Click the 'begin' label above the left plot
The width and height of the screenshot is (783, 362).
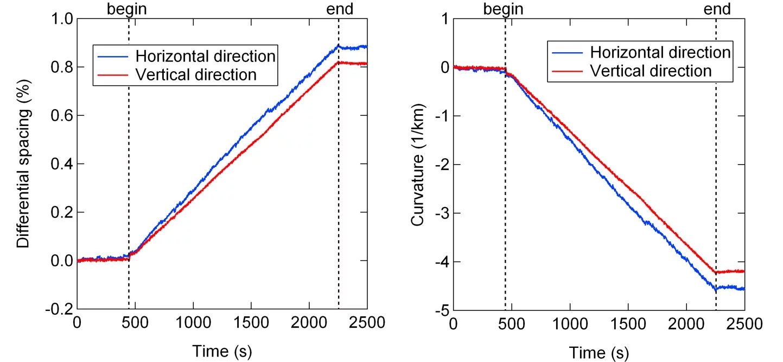click(127, 9)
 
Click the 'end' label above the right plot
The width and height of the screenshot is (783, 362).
click(339, 9)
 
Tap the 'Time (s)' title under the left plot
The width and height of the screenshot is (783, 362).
click(221, 351)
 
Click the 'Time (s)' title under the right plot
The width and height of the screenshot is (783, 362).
click(599, 352)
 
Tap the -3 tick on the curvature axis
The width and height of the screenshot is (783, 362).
click(441, 213)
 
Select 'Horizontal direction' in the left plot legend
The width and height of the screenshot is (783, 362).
click(206, 56)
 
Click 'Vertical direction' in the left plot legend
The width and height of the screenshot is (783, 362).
click(196, 74)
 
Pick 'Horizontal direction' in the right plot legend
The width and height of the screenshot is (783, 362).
click(660, 53)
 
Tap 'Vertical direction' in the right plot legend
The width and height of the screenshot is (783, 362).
click(651, 71)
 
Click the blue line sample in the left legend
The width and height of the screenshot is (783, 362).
click(113, 56)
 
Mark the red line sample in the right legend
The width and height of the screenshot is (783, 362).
click(567, 71)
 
